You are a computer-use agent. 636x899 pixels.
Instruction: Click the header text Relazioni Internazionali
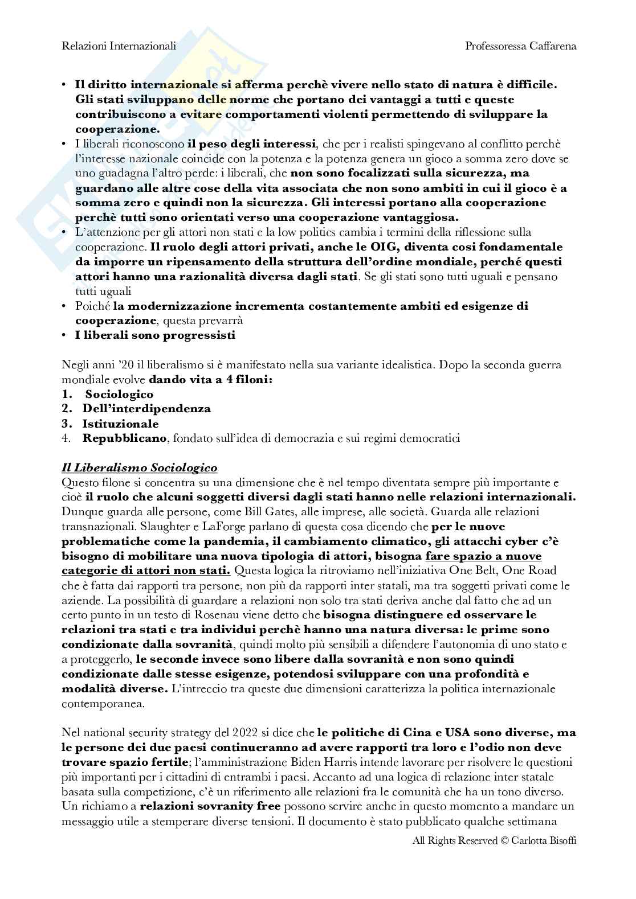119,46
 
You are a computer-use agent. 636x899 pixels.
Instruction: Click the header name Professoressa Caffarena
520,46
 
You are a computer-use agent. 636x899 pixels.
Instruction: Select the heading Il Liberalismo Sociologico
140,468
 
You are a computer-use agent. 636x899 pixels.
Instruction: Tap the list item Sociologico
119,394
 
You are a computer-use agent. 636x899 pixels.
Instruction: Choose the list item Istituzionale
120,424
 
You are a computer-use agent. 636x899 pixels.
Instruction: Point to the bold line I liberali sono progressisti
155,335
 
